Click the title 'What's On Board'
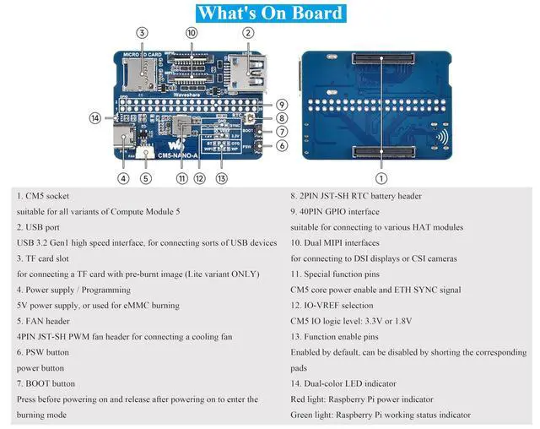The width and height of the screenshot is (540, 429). point(270,13)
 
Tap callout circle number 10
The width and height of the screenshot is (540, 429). point(192,33)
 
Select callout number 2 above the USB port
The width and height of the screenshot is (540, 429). point(248,33)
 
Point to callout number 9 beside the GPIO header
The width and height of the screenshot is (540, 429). point(281,104)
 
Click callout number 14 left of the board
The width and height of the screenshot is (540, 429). point(95,118)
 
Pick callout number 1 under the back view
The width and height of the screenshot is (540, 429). point(381,178)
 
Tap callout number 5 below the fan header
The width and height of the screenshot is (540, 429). point(146,178)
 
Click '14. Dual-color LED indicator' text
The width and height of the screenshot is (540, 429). point(353,384)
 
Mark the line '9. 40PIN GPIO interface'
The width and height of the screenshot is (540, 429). point(335,212)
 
